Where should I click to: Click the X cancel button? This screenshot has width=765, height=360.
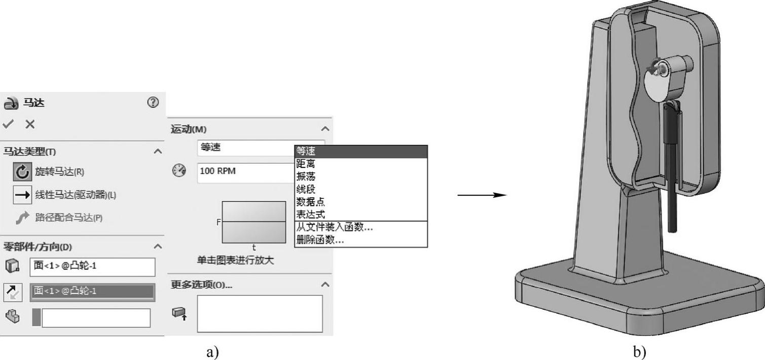click(30, 124)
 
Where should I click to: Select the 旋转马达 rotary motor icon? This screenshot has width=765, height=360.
click(22, 172)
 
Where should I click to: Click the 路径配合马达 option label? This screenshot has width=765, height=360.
click(68, 218)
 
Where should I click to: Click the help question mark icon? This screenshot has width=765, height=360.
click(153, 102)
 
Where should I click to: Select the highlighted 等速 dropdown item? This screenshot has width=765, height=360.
click(360, 151)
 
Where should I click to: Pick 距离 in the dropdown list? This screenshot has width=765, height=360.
click(306, 164)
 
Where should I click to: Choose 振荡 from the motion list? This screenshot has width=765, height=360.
click(306, 176)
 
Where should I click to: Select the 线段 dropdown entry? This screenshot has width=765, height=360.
click(306, 189)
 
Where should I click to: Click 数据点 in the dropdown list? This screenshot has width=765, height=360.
click(310, 202)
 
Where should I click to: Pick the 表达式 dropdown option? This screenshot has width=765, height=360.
click(310, 214)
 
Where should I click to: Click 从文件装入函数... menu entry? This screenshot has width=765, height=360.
click(335, 228)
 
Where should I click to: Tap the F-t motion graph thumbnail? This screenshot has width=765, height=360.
click(253, 222)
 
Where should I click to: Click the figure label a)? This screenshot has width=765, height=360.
click(213, 351)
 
